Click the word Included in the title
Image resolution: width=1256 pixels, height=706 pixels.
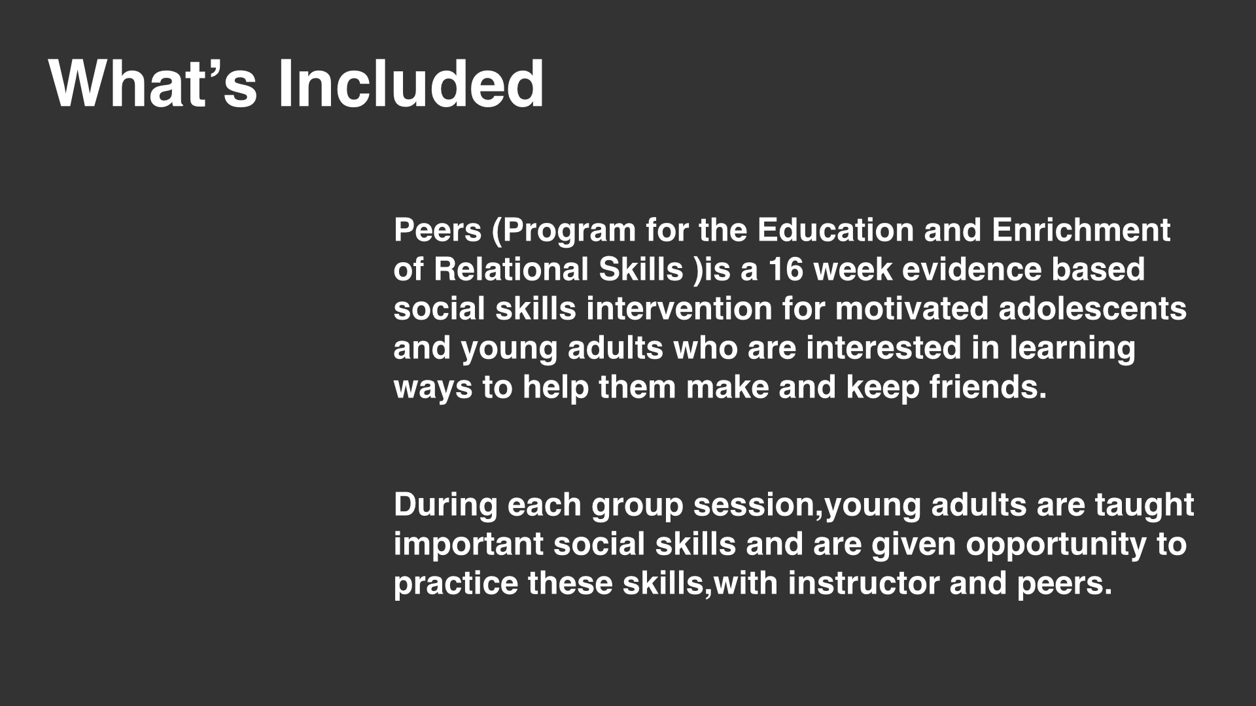point(411,84)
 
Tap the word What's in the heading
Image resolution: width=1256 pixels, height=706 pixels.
point(153,84)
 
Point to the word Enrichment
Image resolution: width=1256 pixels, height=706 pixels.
point(1081,230)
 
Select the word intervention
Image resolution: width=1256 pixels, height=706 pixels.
point(680,309)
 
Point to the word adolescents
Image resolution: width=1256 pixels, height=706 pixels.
point(1092,309)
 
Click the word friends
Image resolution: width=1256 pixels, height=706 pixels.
point(988,387)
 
